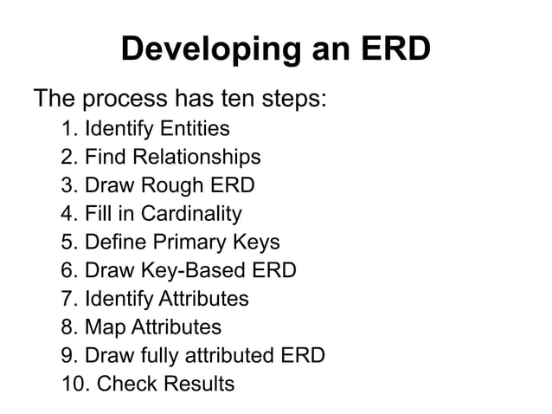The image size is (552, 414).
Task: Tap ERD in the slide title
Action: tap(390, 50)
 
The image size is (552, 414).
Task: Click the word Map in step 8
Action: tap(103, 327)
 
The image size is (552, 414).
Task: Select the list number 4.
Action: tap(68, 214)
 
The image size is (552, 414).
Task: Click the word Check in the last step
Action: tap(125, 383)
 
